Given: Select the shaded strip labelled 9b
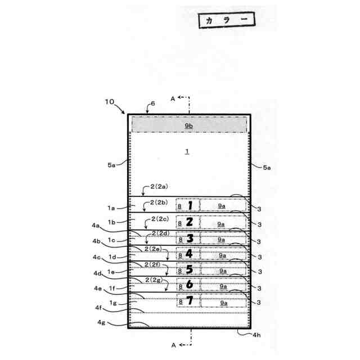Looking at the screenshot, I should [189, 125].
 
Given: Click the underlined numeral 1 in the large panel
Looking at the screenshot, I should [188, 151].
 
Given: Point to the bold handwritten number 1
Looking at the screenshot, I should [190, 206].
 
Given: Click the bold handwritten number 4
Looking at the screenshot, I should [190, 253].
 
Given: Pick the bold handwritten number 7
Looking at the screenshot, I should [190, 301].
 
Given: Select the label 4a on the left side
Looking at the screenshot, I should [96, 226].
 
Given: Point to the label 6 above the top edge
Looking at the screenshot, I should [152, 104].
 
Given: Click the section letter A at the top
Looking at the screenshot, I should [173, 98].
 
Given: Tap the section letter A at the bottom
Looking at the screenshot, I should [173, 344].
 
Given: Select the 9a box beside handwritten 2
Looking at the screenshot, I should [223, 223].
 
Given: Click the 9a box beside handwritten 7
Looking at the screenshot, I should [223, 303].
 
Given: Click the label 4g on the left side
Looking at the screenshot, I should [101, 323].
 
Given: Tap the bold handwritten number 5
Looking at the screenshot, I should [190, 269].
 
